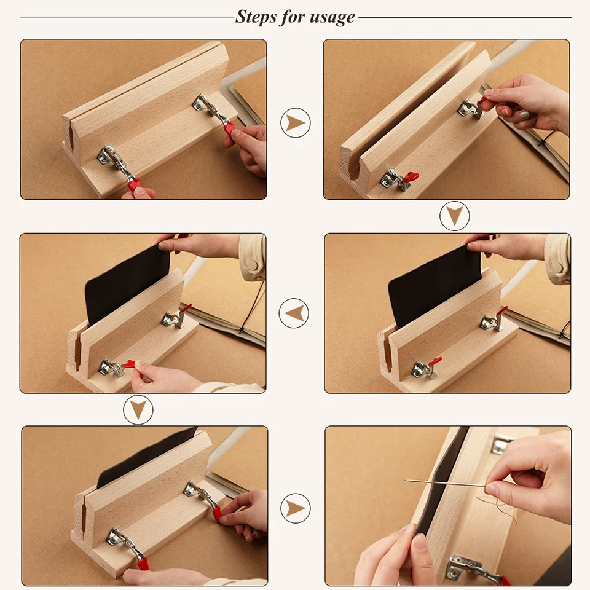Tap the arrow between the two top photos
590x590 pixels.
296,123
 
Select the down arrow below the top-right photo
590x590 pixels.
455,216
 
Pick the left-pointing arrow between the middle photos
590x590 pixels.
294,313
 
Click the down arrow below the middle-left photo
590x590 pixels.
138,409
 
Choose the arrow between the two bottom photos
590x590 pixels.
296,508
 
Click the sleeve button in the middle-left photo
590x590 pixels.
254,265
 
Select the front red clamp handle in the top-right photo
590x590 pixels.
410,177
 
